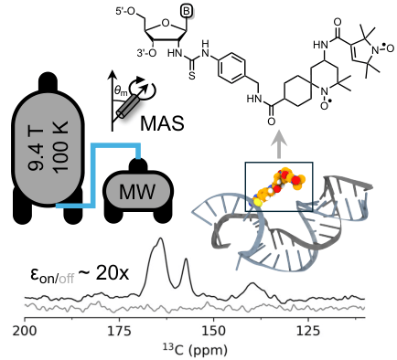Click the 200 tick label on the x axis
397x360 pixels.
(x=25, y=331)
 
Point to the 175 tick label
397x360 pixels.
(x=119, y=331)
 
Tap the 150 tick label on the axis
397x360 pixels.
(x=213, y=331)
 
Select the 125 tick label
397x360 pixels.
(x=307, y=331)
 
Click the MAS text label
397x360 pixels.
(x=162, y=123)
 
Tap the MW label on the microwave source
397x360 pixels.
(x=137, y=192)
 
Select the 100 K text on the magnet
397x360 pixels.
(x=61, y=145)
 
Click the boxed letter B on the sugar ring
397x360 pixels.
(x=186, y=12)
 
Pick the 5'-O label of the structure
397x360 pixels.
(x=125, y=12)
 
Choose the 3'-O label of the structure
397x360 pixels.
(x=146, y=53)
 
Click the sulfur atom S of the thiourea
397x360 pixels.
(x=191, y=76)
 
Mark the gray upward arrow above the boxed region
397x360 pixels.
(x=278, y=144)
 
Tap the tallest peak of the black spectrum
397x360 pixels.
(x=160, y=239)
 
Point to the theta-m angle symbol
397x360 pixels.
(x=121, y=90)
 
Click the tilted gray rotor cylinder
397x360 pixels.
(x=128, y=106)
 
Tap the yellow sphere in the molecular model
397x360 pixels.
(x=258, y=202)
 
